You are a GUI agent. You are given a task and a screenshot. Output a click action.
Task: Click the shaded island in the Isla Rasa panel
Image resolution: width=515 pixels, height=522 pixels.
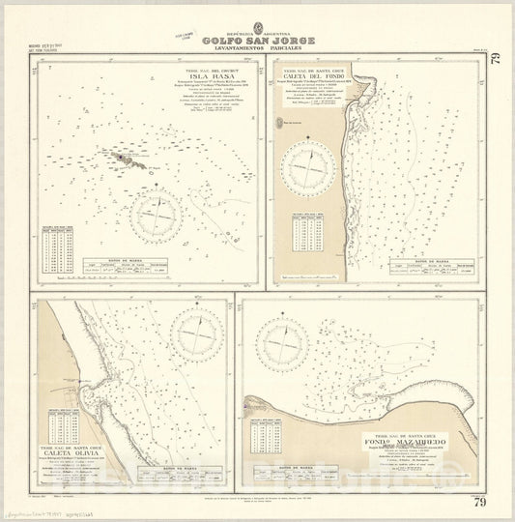tap(127, 156)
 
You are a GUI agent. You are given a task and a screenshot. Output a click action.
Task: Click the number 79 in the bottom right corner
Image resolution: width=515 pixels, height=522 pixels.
tap(496, 500)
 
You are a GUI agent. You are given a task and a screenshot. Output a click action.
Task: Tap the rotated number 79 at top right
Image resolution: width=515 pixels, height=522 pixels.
tap(496, 64)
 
